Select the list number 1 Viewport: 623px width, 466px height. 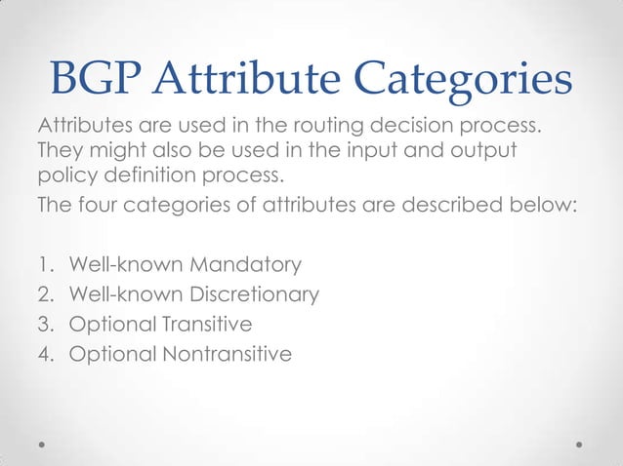pos(45,265)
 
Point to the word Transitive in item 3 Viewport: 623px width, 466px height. pos(208,324)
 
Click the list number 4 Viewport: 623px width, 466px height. pos(45,353)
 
